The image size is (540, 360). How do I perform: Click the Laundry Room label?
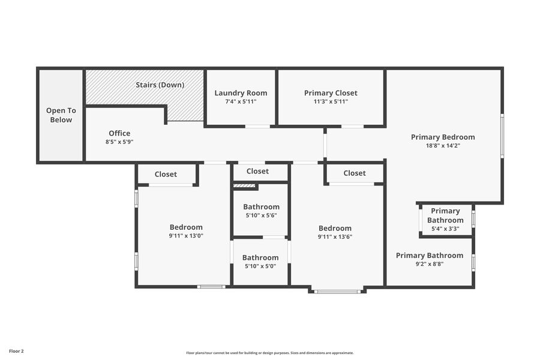coord(241,93)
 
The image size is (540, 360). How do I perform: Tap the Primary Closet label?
coord(331,93)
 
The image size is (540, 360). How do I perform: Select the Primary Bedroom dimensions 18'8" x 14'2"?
coord(443,145)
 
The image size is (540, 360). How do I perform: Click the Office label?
coord(119,133)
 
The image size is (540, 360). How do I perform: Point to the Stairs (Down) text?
coord(160,85)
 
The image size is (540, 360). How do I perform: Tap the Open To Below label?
coord(61,115)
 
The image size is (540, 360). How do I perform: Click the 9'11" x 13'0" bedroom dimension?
coord(186,236)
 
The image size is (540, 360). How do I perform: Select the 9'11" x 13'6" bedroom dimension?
coord(335,236)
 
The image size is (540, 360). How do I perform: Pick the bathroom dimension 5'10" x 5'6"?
coord(261,215)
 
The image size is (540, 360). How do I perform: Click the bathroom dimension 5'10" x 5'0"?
coord(260,266)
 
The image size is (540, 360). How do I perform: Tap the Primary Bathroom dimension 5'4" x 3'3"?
coord(446,229)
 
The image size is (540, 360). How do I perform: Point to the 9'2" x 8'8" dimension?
coord(429,264)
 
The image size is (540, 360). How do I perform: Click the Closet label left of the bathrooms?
coord(166,174)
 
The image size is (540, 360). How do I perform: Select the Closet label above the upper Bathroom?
coord(257,171)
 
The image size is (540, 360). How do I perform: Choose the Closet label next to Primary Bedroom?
coord(355,173)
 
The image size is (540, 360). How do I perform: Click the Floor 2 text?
coord(16,350)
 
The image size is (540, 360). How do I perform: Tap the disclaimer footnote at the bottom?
coord(270,353)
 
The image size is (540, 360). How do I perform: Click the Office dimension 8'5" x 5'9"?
coord(119,142)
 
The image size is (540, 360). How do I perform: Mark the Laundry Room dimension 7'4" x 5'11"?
coord(241,102)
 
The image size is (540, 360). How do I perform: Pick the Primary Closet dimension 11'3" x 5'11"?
coord(331,102)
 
